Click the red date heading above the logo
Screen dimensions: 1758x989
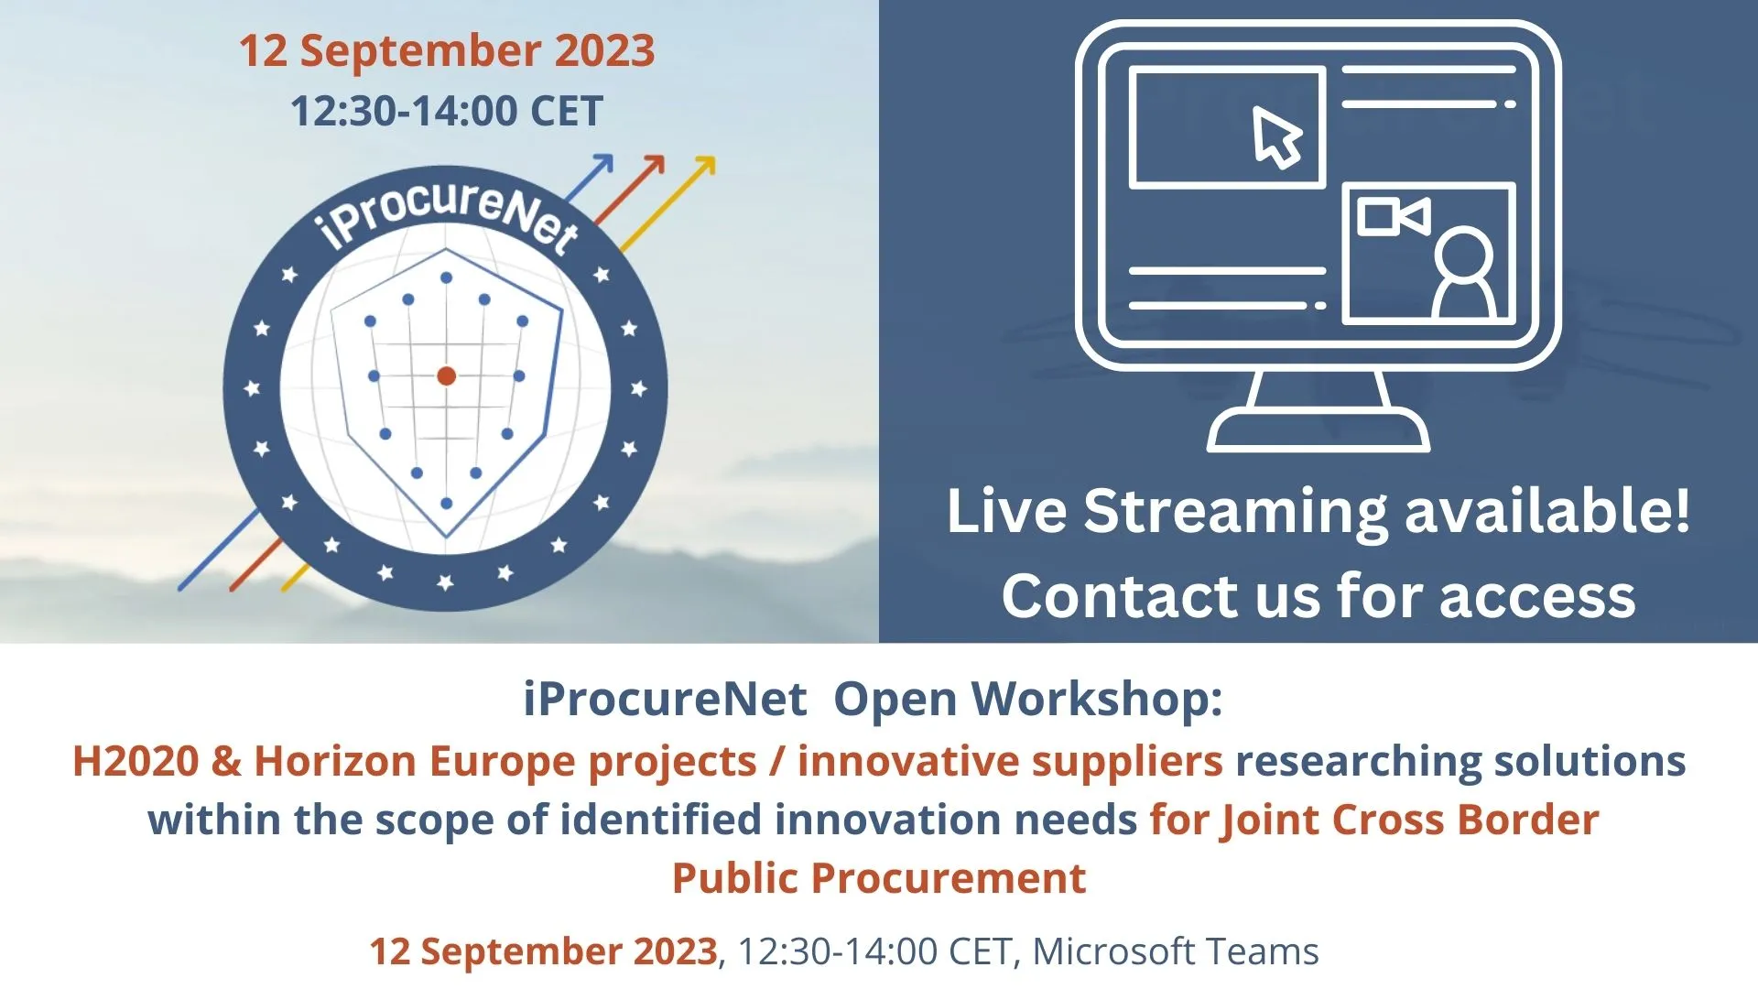(x=447, y=51)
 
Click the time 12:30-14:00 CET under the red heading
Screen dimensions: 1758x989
(x=447, y=112)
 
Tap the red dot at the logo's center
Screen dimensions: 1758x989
(x=447, y=375)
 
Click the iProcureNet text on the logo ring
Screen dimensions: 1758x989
(x=448, y=214)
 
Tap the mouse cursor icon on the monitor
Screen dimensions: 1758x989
(x=1276, y=137)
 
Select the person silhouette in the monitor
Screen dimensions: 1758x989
(x=1463, y=274)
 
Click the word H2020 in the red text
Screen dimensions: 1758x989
(x=136, y=762)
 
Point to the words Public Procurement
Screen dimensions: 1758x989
(x=879, y=879)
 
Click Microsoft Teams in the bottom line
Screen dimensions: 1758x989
(x=1176, y=951)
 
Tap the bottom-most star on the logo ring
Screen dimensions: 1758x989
(x=446, y=582)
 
